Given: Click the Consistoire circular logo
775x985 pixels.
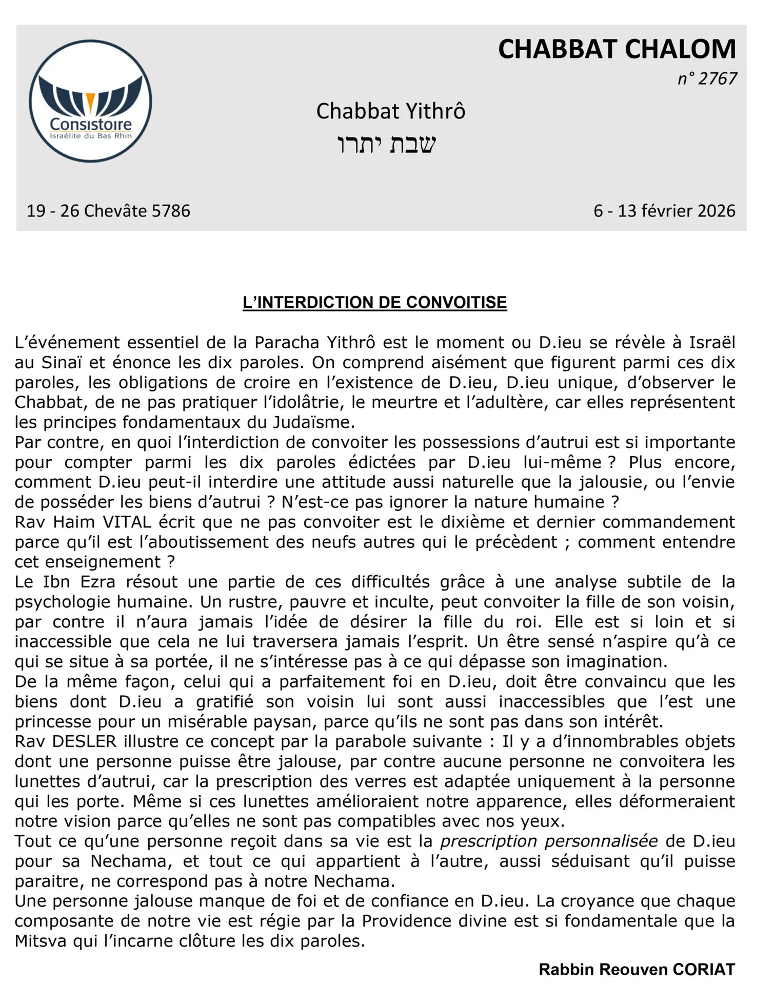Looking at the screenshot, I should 90,101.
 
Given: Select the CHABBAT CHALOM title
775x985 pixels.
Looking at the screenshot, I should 617,49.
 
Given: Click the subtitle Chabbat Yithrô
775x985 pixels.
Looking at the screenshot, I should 390,111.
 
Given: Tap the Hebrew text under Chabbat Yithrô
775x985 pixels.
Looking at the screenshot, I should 386,144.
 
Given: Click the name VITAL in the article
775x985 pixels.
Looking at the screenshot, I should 127,522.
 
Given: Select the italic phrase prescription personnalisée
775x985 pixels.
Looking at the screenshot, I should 549,841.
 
